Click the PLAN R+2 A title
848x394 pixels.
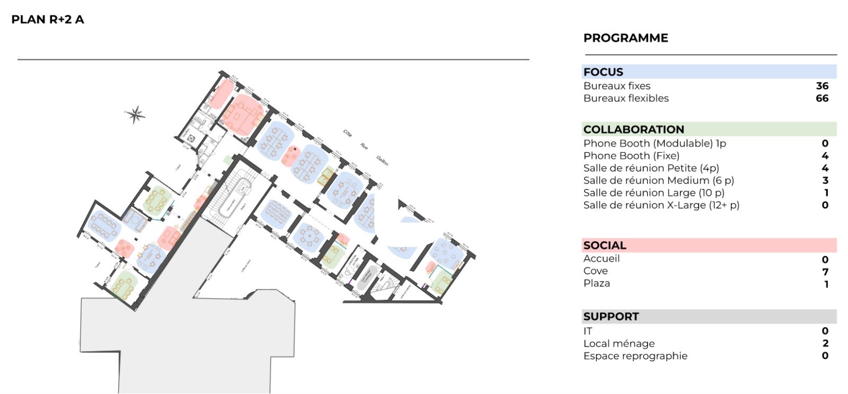pos(48,20)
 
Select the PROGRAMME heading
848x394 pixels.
pos(625,38)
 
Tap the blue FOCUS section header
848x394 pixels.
pos(603,72)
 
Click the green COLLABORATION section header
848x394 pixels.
pos(633,129)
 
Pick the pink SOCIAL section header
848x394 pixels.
pos(605,246)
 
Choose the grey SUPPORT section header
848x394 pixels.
pos(611,317)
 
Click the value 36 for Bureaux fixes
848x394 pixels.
pos(822,86)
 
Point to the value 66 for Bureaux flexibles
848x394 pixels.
pos(822,98)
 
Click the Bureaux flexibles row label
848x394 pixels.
pos(626,98)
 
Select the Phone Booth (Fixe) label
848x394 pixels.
pos(631,156)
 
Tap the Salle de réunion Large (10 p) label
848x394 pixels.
pos(653,193)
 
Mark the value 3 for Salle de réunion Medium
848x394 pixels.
pos(825,181)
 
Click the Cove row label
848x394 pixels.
pos(595,271)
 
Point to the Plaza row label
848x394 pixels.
pos(597,284)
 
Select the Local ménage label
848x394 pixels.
pos(619,344)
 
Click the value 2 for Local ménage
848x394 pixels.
pos(825,344)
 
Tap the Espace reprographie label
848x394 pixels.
pos(635,356)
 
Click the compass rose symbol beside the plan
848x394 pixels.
pos(136,114)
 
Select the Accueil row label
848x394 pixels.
pos(602,259)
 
